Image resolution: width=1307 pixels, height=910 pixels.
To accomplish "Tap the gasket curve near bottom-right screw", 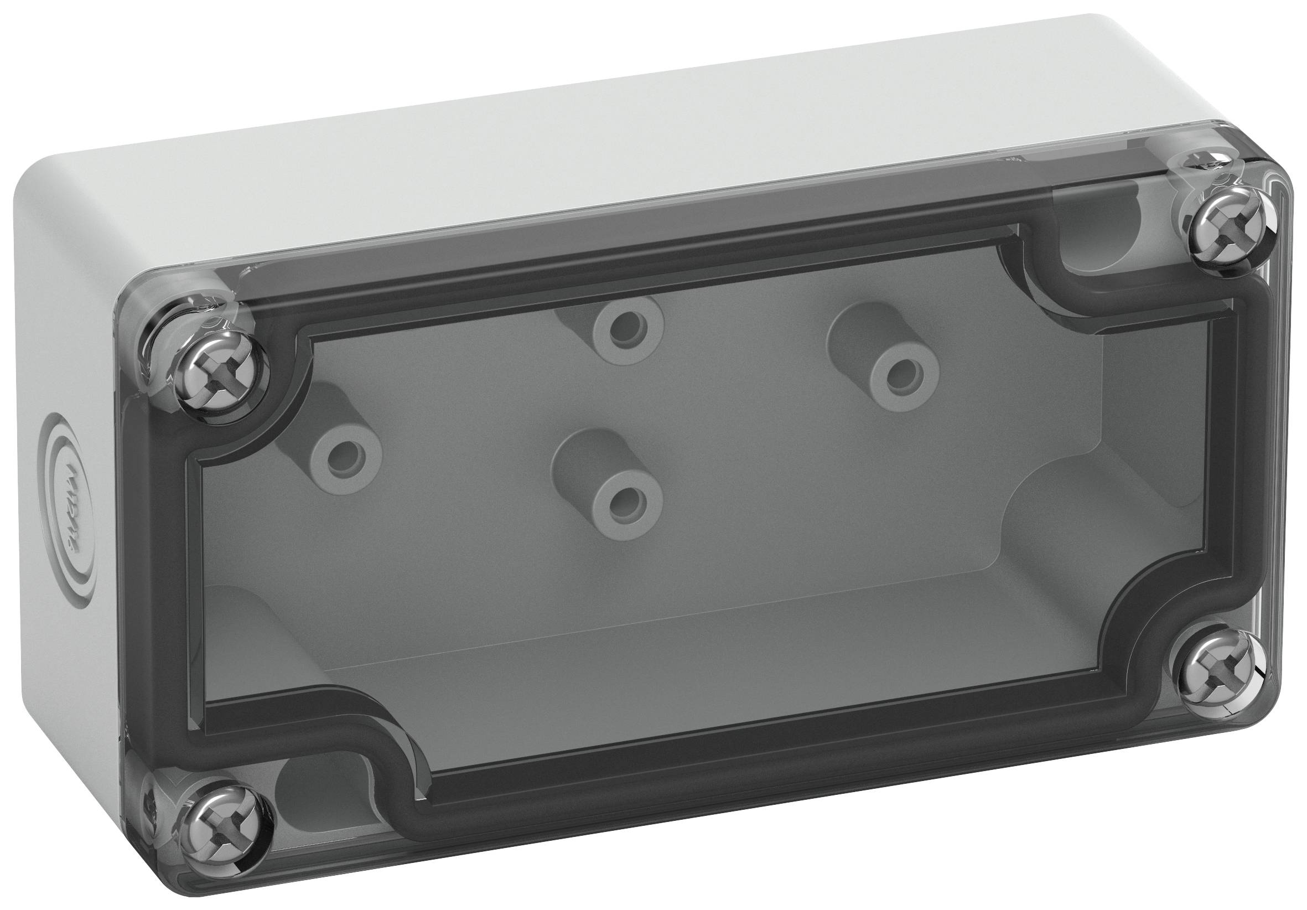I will coord(1133,632).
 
